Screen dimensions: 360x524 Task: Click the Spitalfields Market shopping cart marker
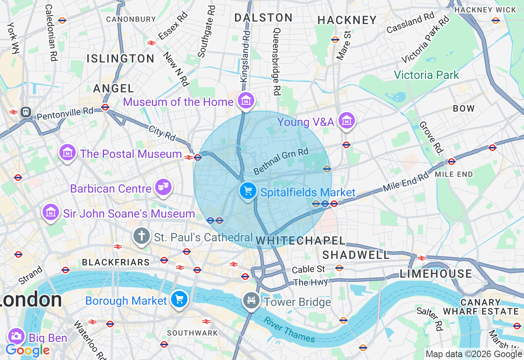pos(248,191)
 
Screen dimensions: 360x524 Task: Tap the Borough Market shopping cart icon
pos(179,299)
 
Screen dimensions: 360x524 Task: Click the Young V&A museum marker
pos(347,121)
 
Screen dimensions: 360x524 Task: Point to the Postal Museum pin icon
pos(68,153)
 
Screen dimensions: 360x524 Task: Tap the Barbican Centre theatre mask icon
pos(163,188)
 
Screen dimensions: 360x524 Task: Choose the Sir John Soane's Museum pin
pos(51,212)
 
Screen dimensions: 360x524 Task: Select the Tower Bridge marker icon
pos(251,301)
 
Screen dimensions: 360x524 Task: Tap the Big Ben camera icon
pos(16,337)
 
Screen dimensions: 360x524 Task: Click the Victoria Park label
pos(426,75)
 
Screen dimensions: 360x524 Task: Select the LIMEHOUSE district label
pos(436,274)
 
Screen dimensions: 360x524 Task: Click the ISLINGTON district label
pos(120,59)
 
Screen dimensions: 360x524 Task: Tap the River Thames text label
pos(289,330)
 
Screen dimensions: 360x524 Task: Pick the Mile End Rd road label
pos(406,182)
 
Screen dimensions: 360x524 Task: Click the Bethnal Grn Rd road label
pos(280,161)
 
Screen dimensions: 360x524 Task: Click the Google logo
pos(27,351)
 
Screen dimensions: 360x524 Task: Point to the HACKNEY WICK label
pos(485,9)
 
